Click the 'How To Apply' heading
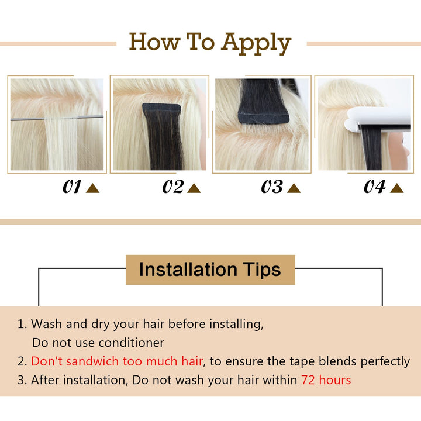pos(210,43)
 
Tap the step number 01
pos(72,187)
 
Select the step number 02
pos(174,187)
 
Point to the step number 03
pos(272,187)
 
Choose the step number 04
pos(375,187)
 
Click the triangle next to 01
pos(92,188)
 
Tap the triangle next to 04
pos(396,188)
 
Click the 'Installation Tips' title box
pos(210,270)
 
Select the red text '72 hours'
pos(326,380)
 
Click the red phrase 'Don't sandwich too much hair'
pos(117,361)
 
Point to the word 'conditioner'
pos(132,343)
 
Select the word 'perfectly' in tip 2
pos(385,361)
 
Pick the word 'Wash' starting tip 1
pos(46,323)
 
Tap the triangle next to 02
pos(194,188)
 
